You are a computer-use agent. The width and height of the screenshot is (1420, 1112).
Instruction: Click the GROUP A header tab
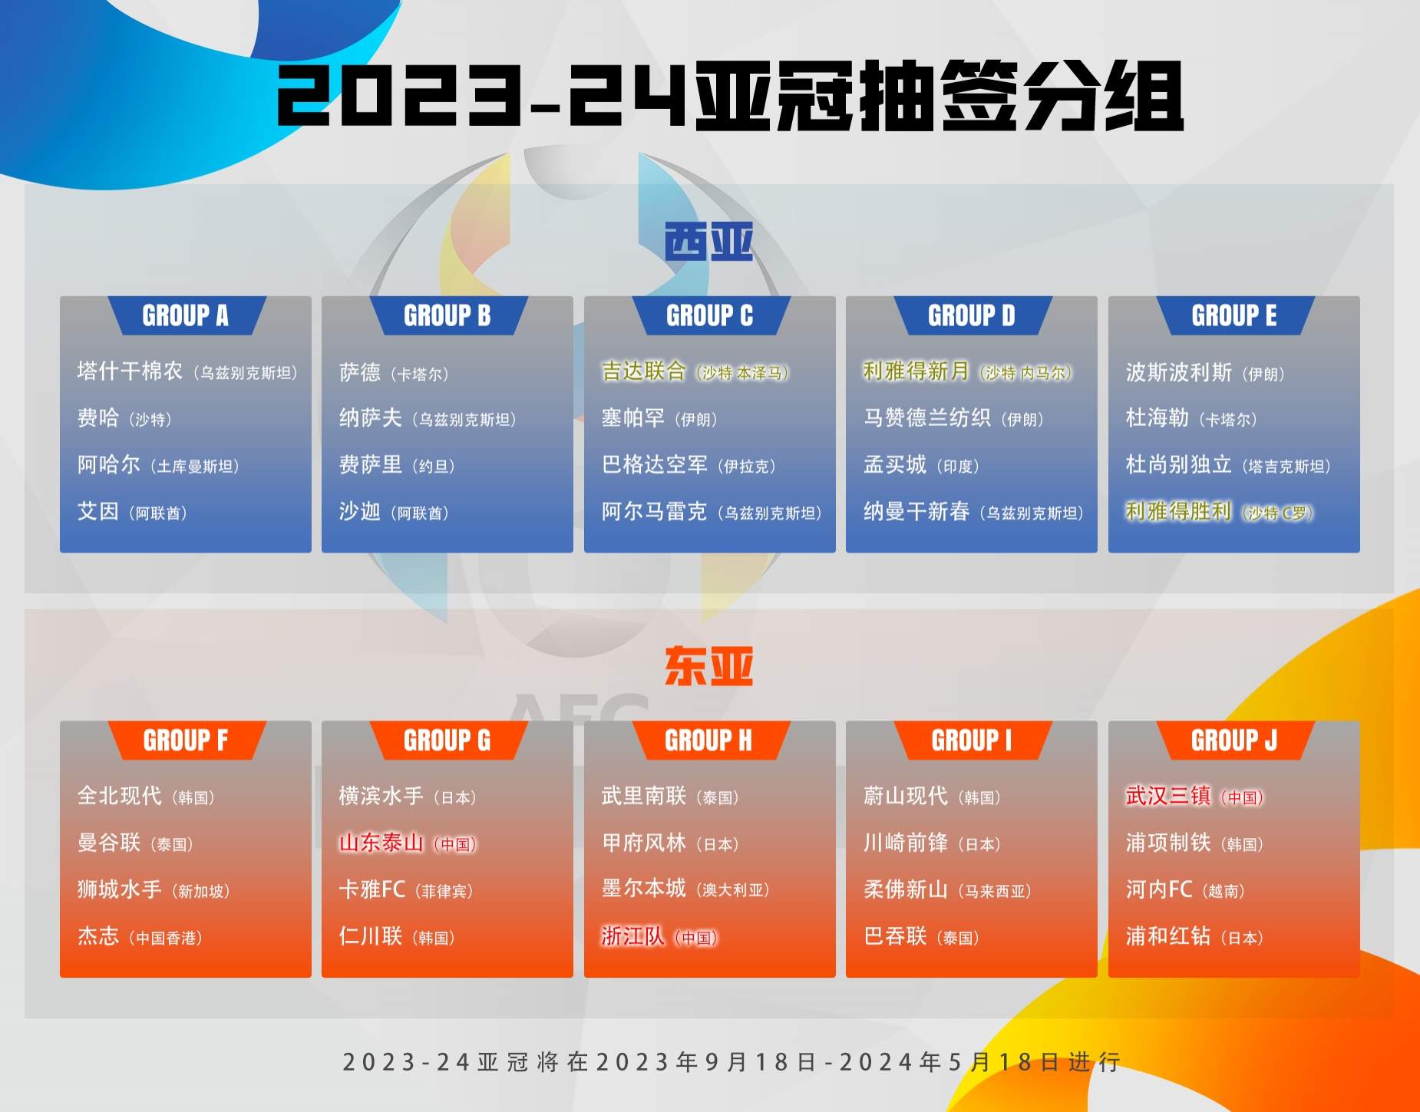coord(185,315)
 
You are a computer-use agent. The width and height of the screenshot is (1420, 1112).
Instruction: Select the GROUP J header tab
coord(1233,741)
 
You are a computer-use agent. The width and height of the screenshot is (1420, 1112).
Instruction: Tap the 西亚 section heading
coord(708,242)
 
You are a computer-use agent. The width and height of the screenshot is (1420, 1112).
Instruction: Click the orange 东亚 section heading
coord(708,666)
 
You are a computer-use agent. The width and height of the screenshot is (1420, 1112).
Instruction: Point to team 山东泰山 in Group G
coord(381,843)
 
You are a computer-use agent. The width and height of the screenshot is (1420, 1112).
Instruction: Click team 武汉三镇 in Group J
coord(1167,796)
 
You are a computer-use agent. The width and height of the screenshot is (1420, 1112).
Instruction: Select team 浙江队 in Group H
coord(633,936)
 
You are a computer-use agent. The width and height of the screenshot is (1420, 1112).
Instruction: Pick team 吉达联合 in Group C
coord(643,371)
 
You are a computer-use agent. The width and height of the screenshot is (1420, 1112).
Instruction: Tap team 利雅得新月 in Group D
coord(916,371)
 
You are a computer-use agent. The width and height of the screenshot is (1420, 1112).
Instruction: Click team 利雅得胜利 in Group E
coord(1178,511)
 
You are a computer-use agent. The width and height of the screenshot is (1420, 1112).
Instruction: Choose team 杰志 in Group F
coord(98,936)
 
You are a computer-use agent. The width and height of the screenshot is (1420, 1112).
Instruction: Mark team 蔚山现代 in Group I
coord(906,796)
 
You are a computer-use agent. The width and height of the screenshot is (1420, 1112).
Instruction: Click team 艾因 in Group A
coord(98,511)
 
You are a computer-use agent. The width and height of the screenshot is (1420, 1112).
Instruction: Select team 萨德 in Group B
coord(360,373)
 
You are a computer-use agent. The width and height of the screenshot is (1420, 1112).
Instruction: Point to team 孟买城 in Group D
coord(895,464)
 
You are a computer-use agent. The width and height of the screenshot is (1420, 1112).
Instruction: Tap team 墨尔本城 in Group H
coord(643,889)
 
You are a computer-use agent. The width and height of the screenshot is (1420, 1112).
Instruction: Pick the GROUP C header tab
coord(709,315)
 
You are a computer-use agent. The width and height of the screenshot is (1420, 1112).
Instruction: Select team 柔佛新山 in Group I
coord(906,889)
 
